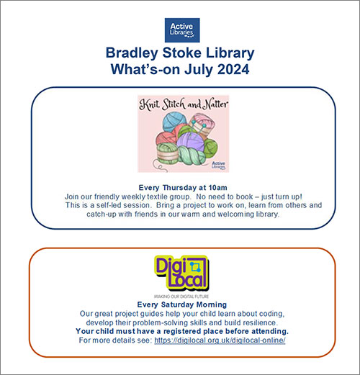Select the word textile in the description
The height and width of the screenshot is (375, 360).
(x=172, y=196)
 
